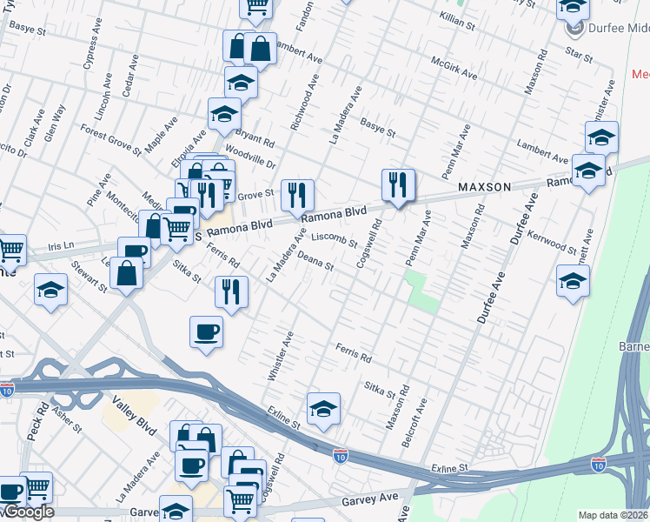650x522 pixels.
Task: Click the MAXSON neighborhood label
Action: click(485, 187)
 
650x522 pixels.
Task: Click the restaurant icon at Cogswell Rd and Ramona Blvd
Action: click(398, 184)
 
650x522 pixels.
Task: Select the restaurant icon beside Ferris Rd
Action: click(231, 291)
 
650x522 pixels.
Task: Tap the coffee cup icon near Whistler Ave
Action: click(206, 331)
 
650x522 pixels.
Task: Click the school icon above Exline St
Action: click(323, 409)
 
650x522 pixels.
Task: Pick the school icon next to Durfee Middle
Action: click(573, 9)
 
